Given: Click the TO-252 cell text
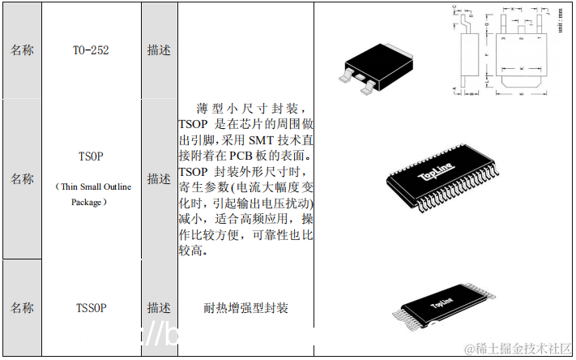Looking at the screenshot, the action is pyautogui.click(x=91, y=50).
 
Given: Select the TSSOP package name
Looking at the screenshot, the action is pyautogui.click(x=91, y=307).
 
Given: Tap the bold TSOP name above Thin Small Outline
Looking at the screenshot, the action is pyautogui.click(x=91, y=155).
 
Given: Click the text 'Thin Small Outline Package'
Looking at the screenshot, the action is pyautogui.click(x=91, y=194).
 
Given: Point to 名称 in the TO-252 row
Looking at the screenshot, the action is pyautogui.click(x=22, y=50).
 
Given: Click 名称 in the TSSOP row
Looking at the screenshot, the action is pyautogui.click(x=22, y=307).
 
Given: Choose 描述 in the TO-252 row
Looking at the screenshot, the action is pyautogui.click(x=159, y=50).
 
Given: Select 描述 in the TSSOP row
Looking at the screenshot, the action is pyautogui.click(x=159, y=307).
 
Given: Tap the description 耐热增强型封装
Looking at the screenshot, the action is pyautogui.click(x=245, y=308).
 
